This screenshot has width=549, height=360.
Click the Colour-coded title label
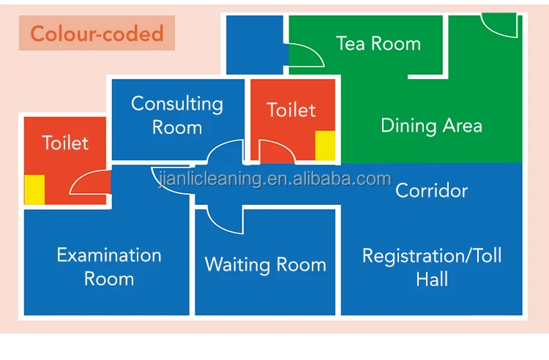tap(97, 34)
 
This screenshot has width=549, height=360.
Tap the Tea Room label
tap(378, 43)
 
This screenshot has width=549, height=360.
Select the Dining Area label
tap(431, 126)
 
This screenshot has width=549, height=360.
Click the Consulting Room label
tap(177, 116)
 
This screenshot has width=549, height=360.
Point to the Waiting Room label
tap(265, 264)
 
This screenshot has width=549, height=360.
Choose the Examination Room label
tap(109, 266)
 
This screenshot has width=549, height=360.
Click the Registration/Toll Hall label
tap(432, 267)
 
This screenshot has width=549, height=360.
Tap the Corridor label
tap(431, 191)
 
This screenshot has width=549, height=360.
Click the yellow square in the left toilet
tap(34, 190)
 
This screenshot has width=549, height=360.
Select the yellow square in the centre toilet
tap(325, 146)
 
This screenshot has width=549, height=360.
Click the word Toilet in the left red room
tap(65, 143)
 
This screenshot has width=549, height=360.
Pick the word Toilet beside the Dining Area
tap(291, 110)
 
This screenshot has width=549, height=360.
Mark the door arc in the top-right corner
tap(498, 26)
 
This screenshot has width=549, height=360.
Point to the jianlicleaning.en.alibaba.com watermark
tap(275, 179)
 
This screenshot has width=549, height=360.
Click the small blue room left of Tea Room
tap(255, 44)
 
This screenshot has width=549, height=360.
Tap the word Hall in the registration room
tap(432, 279)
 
